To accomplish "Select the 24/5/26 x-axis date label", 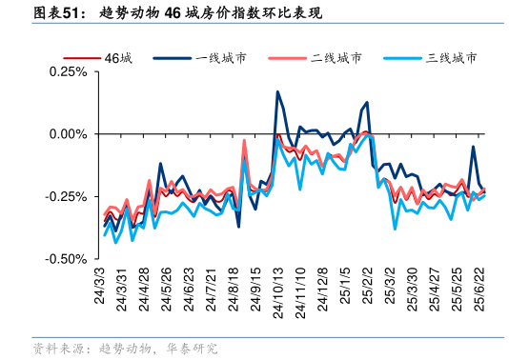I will (166, 283).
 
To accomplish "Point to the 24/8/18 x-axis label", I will (234, 283).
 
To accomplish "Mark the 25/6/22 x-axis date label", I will (479, 283).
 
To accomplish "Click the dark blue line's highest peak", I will (277, 92).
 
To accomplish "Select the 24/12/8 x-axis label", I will (322, 283).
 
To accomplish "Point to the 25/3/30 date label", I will (412, 283).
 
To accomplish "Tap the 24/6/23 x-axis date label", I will (189, 283).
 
